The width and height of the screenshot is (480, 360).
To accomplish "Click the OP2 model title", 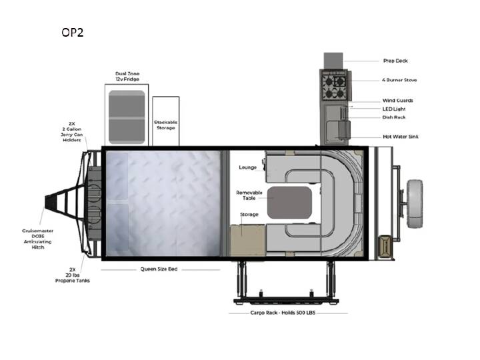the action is tap(72, 33).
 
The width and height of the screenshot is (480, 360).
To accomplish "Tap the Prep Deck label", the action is tap(395, 61).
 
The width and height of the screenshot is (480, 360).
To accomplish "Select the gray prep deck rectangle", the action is tap(333, 61).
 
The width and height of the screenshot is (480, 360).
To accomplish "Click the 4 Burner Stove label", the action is tap(399, 80).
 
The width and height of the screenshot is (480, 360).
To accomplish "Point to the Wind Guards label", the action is tap(397, 101).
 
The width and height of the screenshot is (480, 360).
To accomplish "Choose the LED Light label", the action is tap(394, 109).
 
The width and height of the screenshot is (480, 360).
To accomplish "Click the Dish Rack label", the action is tap(394, 117).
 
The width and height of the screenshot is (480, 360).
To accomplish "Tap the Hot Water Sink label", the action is tap(401, 137).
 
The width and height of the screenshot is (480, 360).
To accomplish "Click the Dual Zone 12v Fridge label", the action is tap(127, 76).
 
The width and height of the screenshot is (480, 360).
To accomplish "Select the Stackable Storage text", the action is tap(165, 125).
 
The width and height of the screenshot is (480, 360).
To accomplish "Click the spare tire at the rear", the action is tap(415, 204).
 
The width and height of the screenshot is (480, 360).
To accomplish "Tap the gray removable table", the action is tap(289, 203).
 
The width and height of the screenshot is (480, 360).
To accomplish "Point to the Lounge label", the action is tap(247, 167).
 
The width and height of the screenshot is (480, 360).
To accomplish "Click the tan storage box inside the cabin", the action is tap(247, 241).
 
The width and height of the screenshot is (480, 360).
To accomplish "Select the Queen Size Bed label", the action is tap(159, 269).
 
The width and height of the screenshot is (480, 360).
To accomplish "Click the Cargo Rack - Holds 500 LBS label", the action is tap(283, 313).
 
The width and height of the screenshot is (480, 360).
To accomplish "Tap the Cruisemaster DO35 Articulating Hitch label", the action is tap(37, 239).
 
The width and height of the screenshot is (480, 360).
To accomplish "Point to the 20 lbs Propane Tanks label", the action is tap(73, 275).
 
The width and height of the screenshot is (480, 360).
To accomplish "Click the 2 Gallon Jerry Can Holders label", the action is tap(71, 131).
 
